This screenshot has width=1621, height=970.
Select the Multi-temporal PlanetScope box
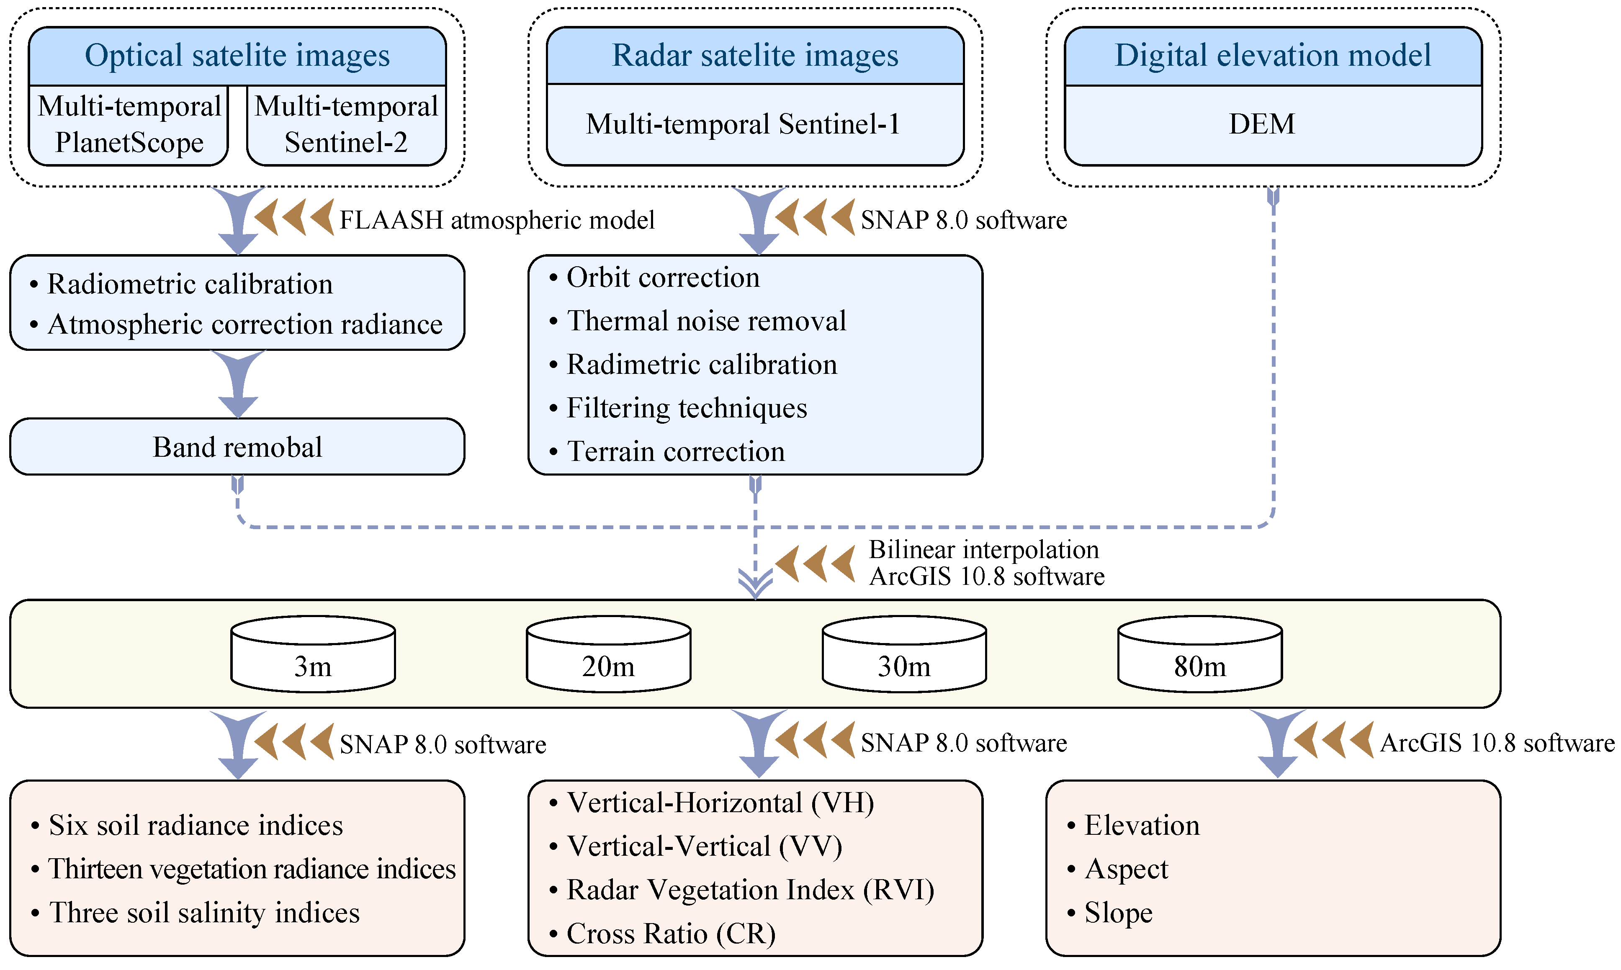(129, 124)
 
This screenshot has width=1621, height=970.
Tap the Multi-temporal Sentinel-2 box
(346, 124)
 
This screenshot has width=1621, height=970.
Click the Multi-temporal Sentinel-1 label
(743, 124)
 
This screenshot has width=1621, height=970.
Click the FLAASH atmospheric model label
(497, 220)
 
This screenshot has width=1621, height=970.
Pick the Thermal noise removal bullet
(706, 321)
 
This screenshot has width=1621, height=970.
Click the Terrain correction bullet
(675, 452)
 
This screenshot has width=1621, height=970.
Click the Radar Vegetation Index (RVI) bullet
(750, 890)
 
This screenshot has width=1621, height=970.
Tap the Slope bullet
(1118, 913)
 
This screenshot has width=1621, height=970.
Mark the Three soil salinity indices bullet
(204, 913)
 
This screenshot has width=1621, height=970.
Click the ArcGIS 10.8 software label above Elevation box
(1497, 743)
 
